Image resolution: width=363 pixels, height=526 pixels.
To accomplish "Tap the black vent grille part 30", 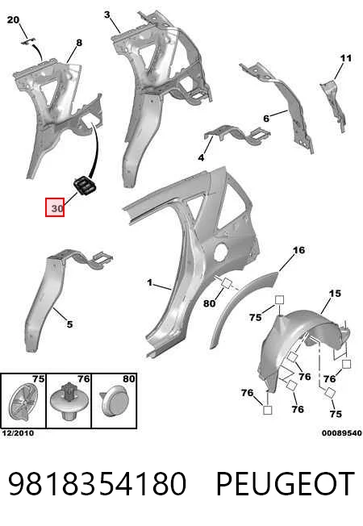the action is click(x=84, y=186).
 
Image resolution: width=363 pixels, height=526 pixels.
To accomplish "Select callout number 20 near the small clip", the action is click(x=13, y=20).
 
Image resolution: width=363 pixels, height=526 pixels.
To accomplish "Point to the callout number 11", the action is click(x=346, y=58).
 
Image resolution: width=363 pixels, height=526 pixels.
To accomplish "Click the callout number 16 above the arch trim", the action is click(x=298, y=250).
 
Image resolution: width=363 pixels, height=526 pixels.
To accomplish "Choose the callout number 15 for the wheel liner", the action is click(x=335, y=294).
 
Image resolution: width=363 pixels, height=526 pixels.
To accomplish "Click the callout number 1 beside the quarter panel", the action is click(x=149, y=283).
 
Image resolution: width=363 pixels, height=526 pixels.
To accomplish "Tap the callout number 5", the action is click(x=69, y=324).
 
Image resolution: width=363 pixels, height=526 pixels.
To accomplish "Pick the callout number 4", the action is click(x=201, y=157).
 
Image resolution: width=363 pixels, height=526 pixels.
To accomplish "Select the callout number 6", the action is click(x=266, y=119).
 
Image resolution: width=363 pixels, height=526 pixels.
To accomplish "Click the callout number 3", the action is click(x=107, y=15).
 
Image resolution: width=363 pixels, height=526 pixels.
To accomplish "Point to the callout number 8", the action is click(x=79, y=43).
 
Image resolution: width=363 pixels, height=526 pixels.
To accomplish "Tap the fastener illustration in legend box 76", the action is click(x=69, y=401).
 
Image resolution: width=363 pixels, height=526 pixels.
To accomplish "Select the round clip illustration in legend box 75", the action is click(x=23, y=401).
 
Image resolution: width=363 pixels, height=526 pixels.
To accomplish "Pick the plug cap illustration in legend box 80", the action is click(x=114, y=401).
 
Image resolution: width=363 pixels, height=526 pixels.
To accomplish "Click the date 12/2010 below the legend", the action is click(x=18, y=433).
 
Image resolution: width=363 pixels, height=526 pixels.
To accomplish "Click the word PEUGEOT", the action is click(x=286, y=483).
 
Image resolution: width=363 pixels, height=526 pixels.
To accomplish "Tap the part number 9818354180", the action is click(x=97, y=483).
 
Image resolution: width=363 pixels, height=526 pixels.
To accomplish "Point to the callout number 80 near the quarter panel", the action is click(x=210, y=303).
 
